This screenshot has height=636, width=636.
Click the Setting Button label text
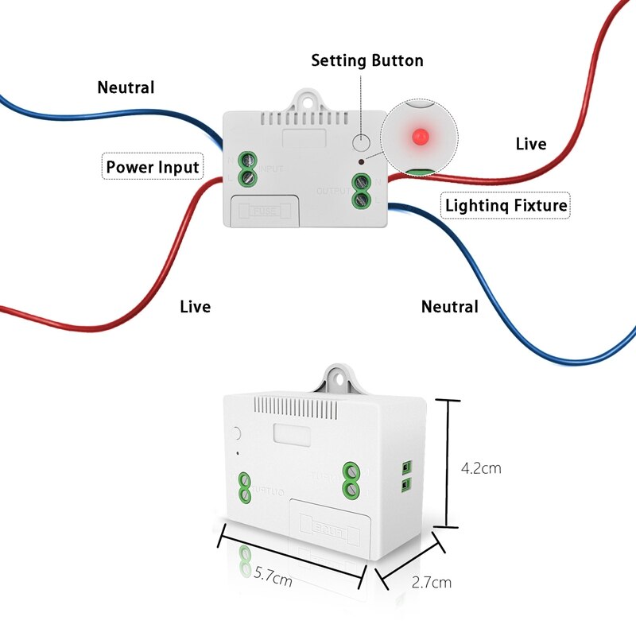(x=366, y=60)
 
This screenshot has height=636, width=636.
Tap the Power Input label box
(x=153, y=167)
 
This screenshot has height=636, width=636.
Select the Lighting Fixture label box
(x=506, y=205)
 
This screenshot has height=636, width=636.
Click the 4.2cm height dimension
(x=481, y=467)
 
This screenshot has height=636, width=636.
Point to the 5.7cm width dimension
(x=272, y=579)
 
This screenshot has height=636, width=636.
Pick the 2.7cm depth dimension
(x=432, y=582)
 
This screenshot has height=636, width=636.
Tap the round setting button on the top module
(x=362, y=143)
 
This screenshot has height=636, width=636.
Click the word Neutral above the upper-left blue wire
(x=126, y=87)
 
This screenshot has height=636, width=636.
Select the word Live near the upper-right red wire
(x=530, y=144)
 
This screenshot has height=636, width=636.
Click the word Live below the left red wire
(x=195, y=306)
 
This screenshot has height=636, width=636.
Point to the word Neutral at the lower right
(x=449, y=306)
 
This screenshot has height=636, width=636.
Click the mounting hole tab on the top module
(x=306, y=100)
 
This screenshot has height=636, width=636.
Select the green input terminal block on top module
(x=246, y=168)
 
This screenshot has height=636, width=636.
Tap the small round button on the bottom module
(x=237, y=434)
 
